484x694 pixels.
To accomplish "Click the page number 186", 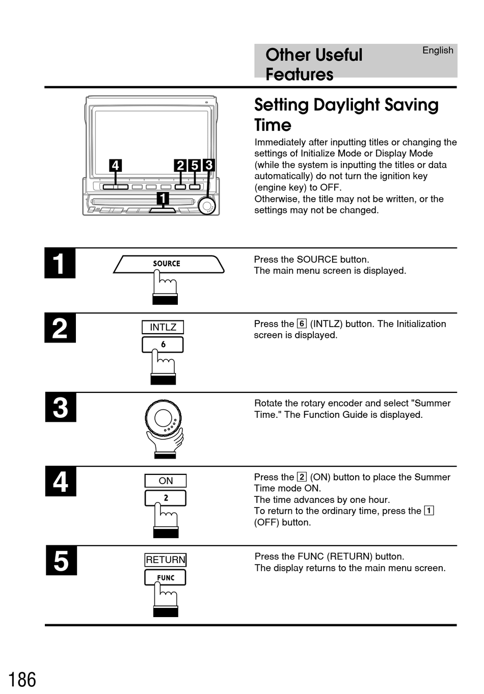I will (22, 680).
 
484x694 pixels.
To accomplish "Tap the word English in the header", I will (438, 50).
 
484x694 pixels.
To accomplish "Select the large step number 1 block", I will (60, 263).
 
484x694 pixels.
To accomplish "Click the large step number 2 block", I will (60, 328).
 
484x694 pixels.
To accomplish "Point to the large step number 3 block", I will (61, 408).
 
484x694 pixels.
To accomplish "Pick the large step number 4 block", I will (61, 482).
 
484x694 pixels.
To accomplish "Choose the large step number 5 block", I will (61, 560).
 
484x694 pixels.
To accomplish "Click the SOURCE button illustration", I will (168, 264).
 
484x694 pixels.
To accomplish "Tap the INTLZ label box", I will (163, 327).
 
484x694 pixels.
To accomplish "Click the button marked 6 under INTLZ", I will (163, 345).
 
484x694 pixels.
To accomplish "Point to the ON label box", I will (166, 481).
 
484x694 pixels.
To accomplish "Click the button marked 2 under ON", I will (166, 498).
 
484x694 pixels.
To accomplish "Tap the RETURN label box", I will (166, 560).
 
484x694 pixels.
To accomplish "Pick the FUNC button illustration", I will (166, 578).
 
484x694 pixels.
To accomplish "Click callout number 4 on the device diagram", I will (116, 166).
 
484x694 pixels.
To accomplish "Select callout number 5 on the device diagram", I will (195, 166).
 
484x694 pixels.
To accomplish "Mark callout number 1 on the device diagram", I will (163, 198).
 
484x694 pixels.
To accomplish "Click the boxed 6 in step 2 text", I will (302, 324).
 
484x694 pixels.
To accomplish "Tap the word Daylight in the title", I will (346, 105).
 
